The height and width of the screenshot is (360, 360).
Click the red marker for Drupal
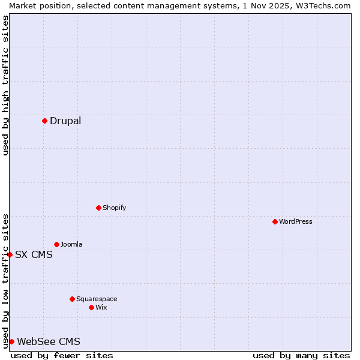[44, 121]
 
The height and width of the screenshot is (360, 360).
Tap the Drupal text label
[65, 121]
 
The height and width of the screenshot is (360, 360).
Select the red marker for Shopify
[98, 208]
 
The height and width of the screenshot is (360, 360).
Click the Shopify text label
[114, 208]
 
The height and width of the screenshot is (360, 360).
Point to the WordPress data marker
[275, 221]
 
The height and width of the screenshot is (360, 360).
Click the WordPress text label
[296, 221]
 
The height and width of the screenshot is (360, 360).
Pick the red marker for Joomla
[56, 244]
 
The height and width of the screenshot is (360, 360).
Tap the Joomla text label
[71, 244]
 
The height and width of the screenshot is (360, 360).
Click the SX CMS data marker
[10, 254]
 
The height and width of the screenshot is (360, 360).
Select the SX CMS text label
[34, 254]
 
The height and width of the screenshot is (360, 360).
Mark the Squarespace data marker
[72, 299]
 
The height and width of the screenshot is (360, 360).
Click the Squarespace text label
[97, 299]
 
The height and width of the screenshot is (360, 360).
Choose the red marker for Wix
[91, 307]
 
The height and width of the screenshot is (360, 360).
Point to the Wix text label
[101, 307]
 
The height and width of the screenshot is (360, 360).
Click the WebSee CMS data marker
[11, 341]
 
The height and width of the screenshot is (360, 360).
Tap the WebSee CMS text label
[49, 341]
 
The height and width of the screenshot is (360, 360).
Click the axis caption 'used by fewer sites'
[62, 355]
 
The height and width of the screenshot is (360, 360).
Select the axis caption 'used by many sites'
[301, 355]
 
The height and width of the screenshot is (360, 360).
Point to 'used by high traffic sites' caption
[5, 85]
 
